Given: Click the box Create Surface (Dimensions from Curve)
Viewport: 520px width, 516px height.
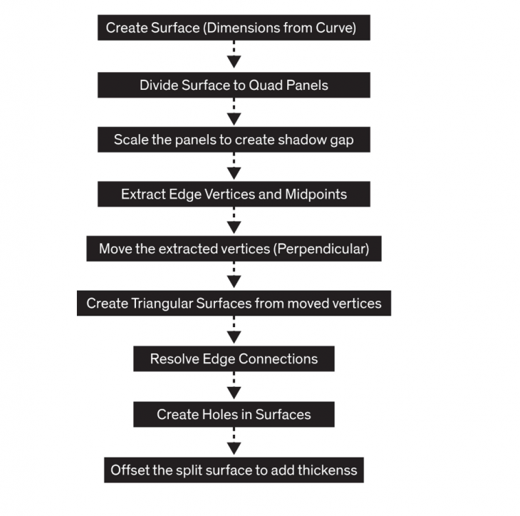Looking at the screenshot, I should (x=234, y=29).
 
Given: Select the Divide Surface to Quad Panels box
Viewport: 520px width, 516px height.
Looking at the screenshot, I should (x=234, y=85).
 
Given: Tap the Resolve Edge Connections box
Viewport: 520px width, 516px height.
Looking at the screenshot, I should (x=234, y=358).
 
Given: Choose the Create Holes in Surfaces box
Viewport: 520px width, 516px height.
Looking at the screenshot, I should (x=234, y=414).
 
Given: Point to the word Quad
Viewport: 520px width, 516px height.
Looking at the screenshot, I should (x=265, y=85).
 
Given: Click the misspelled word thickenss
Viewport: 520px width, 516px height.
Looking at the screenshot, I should (x=326, y=470).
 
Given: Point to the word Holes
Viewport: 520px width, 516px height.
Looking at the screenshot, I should (x=214, y=414).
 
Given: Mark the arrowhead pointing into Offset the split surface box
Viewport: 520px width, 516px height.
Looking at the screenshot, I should (x=234, y=448).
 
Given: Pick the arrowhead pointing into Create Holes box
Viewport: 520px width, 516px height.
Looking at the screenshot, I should (x=234, y=393).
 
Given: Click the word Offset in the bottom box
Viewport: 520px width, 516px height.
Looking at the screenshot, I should (x=130, y=470).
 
